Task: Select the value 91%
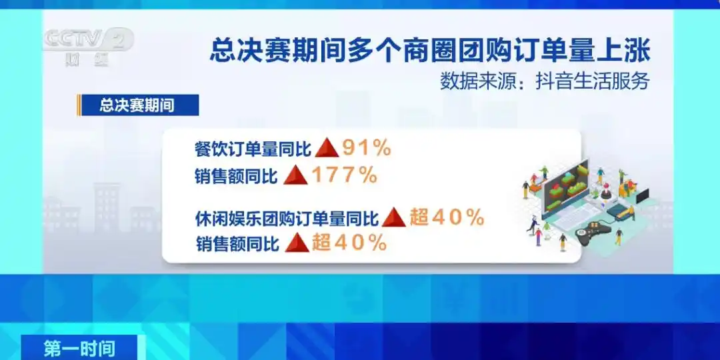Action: coord(365,149)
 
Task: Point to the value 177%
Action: coord(345,175)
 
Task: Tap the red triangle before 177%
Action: coord(295,175)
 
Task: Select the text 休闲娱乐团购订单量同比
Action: coord(286,218)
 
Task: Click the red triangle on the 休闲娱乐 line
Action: coord(393,217)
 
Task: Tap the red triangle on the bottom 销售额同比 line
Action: coord(297,243)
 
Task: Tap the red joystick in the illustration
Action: coord(606,191)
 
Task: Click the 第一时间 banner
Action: coord(79,348)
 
